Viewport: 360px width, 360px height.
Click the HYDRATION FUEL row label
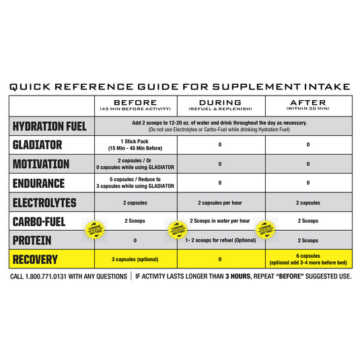[51, 126]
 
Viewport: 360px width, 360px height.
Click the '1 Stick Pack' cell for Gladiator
[136, 145]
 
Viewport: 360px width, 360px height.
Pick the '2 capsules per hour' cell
[221, 203]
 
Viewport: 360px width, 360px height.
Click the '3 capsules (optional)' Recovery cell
[136, 260]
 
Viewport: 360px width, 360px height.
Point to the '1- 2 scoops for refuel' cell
[221, 240]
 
